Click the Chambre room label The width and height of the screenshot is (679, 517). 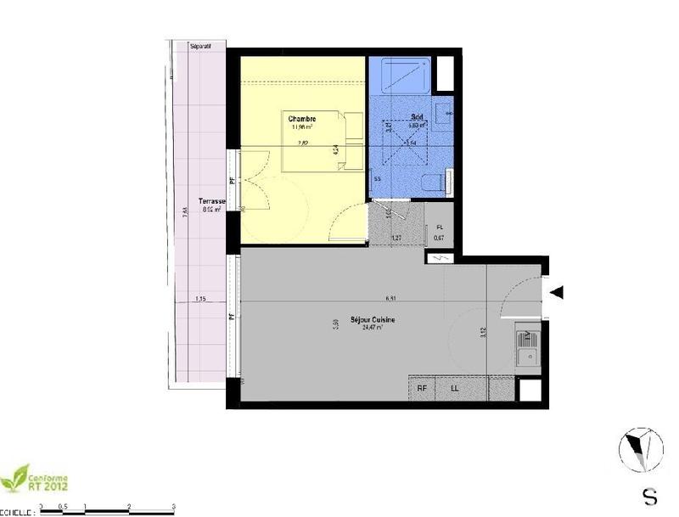click(x=302, y=118)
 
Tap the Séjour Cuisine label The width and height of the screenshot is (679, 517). click(x=379, y=320)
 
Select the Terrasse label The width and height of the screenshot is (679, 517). click(x=210, y=201)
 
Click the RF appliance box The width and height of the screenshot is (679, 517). click(x=422, y=389)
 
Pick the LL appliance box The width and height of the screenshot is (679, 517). click(x=455, y=389)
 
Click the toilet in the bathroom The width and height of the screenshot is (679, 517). click(x=435, y=181)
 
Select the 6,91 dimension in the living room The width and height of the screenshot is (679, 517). click(x=390, y=299)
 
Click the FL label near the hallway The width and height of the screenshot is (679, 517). click(x=439, y=229)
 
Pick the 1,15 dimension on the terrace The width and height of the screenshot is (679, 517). click(x=200, y=299)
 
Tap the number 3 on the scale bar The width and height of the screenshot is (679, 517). click(x=173, y=506)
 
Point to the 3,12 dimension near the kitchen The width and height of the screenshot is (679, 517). click(x=482, y=333)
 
